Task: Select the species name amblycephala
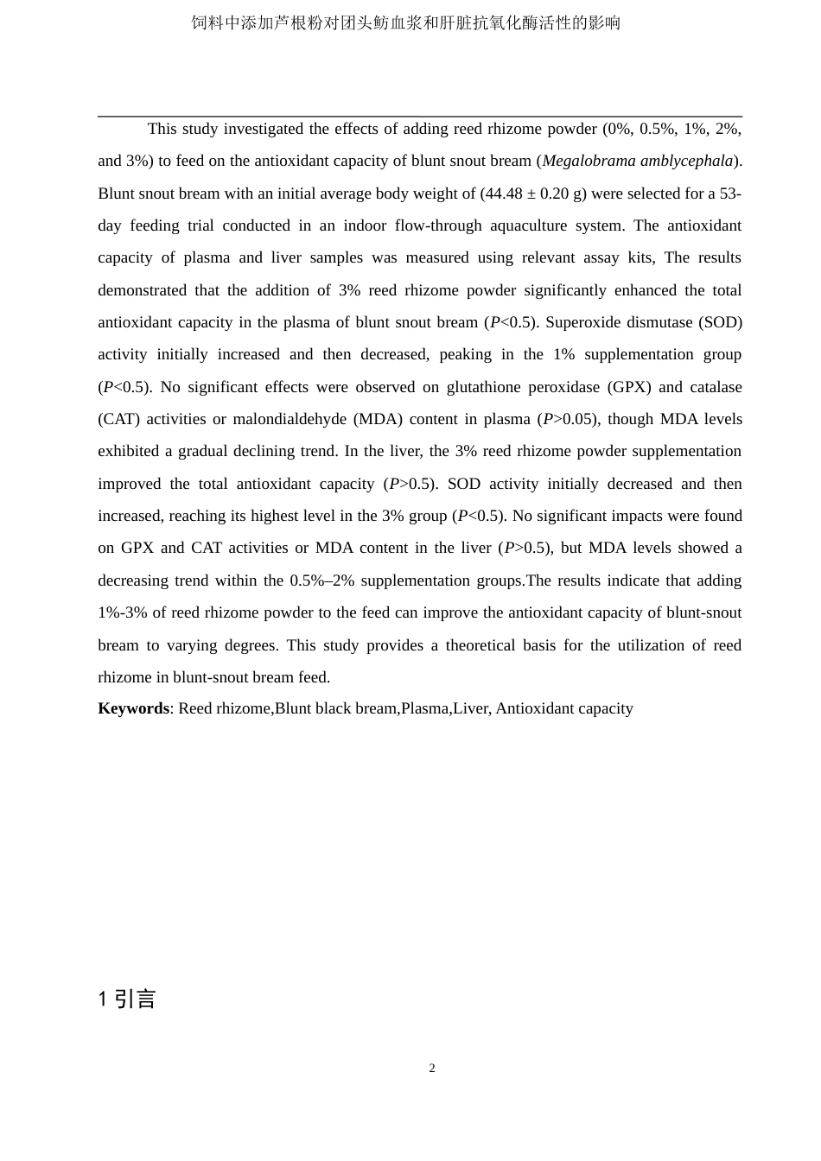686,161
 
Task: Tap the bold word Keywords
133,708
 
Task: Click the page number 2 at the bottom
432,1069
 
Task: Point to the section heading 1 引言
127,999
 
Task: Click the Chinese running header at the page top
406,23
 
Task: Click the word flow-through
437,225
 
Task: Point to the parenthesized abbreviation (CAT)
118,419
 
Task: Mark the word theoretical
480,645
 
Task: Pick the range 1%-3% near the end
123,612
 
